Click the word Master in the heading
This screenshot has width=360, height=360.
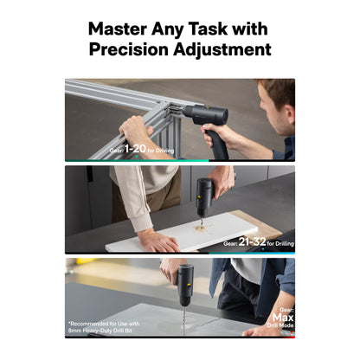click(118, 29)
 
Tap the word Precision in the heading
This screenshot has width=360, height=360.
click(129, 49)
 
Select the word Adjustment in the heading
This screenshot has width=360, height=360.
click(222, 50)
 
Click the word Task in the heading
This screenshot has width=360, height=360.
click(208, 29)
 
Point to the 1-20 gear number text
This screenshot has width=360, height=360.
click(135, 149)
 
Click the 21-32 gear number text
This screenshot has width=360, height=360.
click(252, 241)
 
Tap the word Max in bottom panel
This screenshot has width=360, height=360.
click(283, 318)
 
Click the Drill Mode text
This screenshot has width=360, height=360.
click(280, 325)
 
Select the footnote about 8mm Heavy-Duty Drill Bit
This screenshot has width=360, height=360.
click(104, 327)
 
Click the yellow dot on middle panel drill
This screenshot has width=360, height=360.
click(199, 196)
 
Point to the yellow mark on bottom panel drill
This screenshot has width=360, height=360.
click(188, 286)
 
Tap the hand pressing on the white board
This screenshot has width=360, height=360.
click(158, 239)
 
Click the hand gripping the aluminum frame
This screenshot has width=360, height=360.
click(135, 129)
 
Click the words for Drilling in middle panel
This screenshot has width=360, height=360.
click(280, 244)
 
